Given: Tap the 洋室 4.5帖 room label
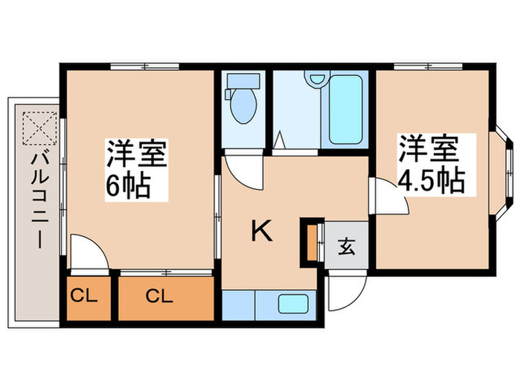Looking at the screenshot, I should pos(431,165).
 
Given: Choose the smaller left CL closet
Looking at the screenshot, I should pos(84,296).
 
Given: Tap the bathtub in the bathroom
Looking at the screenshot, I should pos(345,112).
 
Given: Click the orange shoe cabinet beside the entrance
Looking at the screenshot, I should pos(307,242).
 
